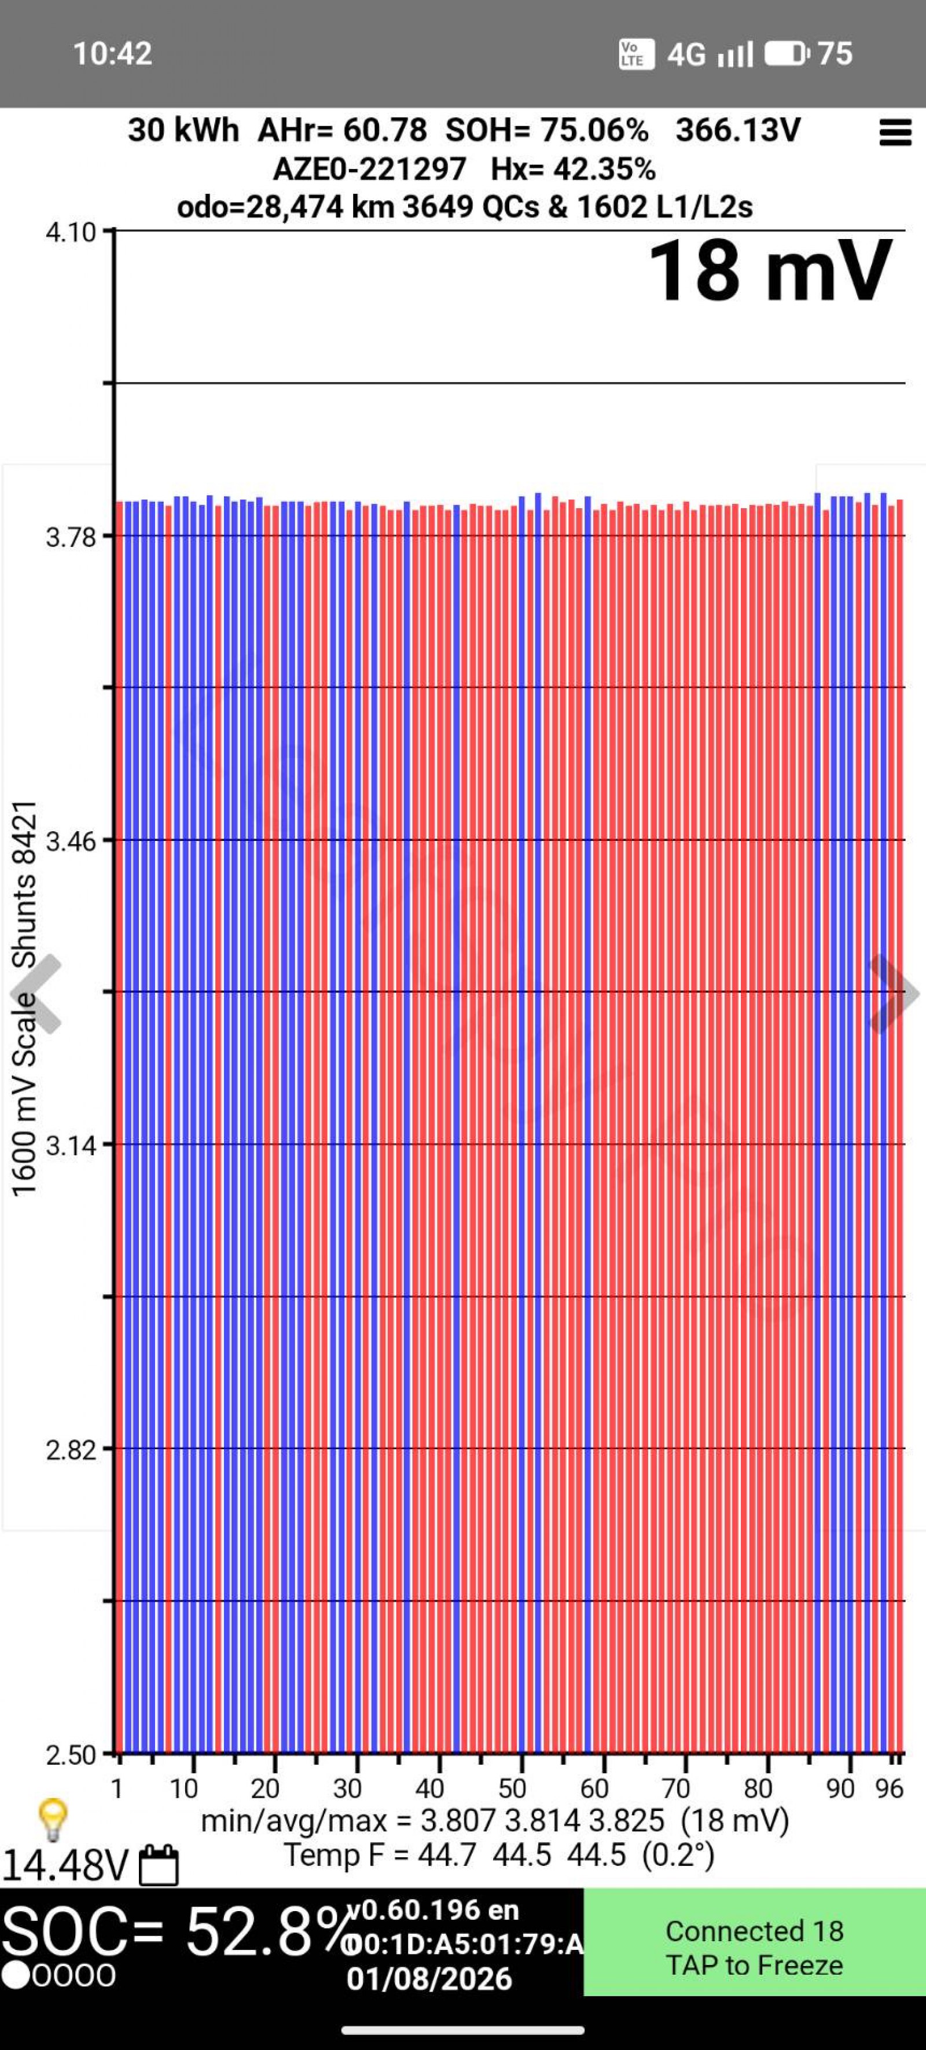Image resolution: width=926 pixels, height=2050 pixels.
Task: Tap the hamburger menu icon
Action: [894, 133]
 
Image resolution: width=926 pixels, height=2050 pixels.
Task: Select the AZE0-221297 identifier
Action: [369, 169]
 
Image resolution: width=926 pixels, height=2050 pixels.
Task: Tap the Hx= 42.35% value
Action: [573, 169]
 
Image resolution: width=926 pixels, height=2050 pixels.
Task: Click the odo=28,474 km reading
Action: [285, 207]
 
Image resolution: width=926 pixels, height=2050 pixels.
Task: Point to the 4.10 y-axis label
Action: [71, 233]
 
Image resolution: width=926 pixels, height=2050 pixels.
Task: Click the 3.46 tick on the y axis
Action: [71, 841]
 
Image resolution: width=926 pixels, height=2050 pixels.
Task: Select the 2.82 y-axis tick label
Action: [71, 1450]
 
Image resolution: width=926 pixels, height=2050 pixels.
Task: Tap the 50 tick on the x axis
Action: [512, 1788]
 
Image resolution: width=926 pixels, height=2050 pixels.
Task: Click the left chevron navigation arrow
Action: [36, 994]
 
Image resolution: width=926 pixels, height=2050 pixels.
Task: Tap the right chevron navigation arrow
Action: [892, 994]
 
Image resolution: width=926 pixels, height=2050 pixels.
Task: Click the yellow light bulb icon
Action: [53, 1820]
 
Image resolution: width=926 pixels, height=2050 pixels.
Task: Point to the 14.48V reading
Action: [65, 1865]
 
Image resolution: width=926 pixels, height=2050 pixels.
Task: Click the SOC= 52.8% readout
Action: [175, 1932]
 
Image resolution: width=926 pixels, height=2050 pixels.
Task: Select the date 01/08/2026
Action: [429, 1979]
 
